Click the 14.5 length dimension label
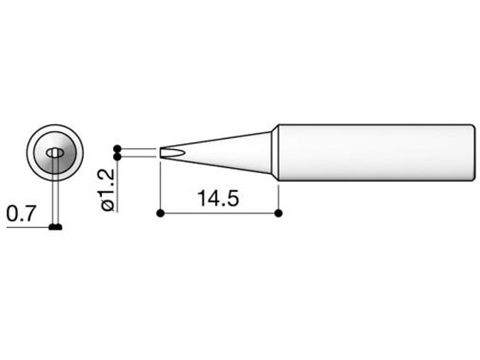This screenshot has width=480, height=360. click(219, 198)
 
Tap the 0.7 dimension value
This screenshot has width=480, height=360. click(21, 213)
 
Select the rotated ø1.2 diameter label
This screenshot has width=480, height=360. click(108, 189)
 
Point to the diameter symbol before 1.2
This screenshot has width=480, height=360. click(108, 206)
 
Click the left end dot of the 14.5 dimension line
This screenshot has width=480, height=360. click(160, 213)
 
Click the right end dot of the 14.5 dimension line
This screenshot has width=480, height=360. click(279, 213)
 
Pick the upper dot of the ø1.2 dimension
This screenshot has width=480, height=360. click(117, 149)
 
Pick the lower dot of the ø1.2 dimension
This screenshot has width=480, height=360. click(117, 157)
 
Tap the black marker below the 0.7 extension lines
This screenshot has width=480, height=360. click(56, 227)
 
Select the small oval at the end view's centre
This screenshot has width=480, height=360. click(55, 153)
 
